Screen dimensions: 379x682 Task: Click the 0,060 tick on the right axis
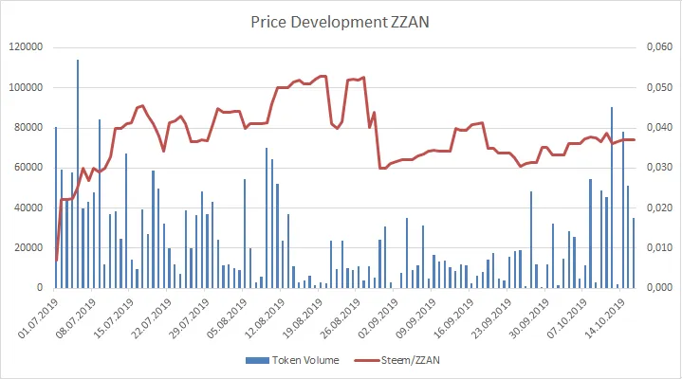click(x=658, y=47)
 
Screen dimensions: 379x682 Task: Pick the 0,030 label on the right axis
click(x=658, y=168)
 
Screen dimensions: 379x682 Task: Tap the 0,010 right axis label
click(x=658, y=247)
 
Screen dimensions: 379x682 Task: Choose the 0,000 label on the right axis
click(x=658, y=287)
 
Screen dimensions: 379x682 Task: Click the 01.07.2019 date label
click(x=38, y=315)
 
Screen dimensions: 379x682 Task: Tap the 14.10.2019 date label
click(x=604, y=315)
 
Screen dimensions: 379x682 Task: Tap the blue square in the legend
click(x=249, y=361)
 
